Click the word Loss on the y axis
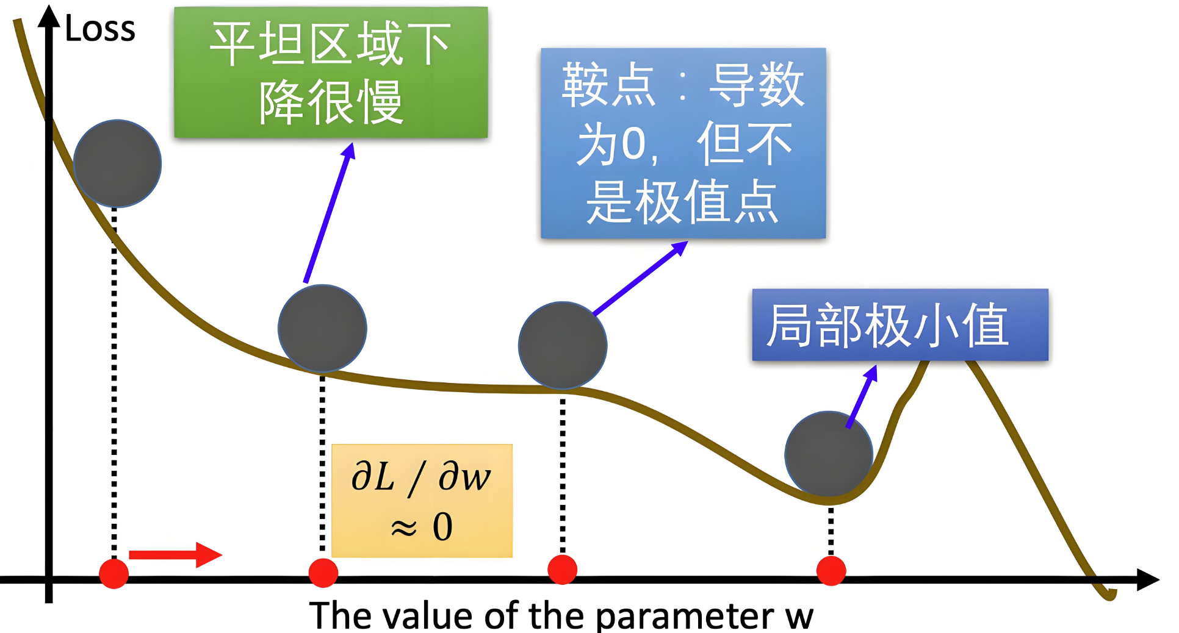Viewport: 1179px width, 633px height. click(100, 29)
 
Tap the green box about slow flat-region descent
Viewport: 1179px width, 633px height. click(331, 73)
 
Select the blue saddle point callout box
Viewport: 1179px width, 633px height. click(683, 143)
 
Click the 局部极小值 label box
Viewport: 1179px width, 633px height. click(900, 325)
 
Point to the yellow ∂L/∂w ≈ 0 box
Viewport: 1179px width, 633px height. click(422, 501)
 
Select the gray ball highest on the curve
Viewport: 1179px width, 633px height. click(117, 163)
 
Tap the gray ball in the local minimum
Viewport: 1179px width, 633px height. click(828, 455)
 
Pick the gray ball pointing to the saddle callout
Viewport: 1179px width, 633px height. click(562, 345)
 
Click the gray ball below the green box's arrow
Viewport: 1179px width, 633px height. click(322, 329)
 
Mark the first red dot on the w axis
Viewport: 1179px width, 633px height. click(114, 573)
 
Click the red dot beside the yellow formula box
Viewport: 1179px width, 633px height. click(323, 573)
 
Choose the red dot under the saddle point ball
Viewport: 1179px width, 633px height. click(562, 570)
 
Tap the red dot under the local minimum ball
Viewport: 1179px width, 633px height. click(831, 571)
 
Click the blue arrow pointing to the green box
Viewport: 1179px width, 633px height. click(330, 213)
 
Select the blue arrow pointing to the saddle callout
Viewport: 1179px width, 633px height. click(640, 278)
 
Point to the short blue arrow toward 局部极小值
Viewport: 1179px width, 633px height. click(862, 396)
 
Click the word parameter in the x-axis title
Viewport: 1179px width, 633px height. click(684, 616)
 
